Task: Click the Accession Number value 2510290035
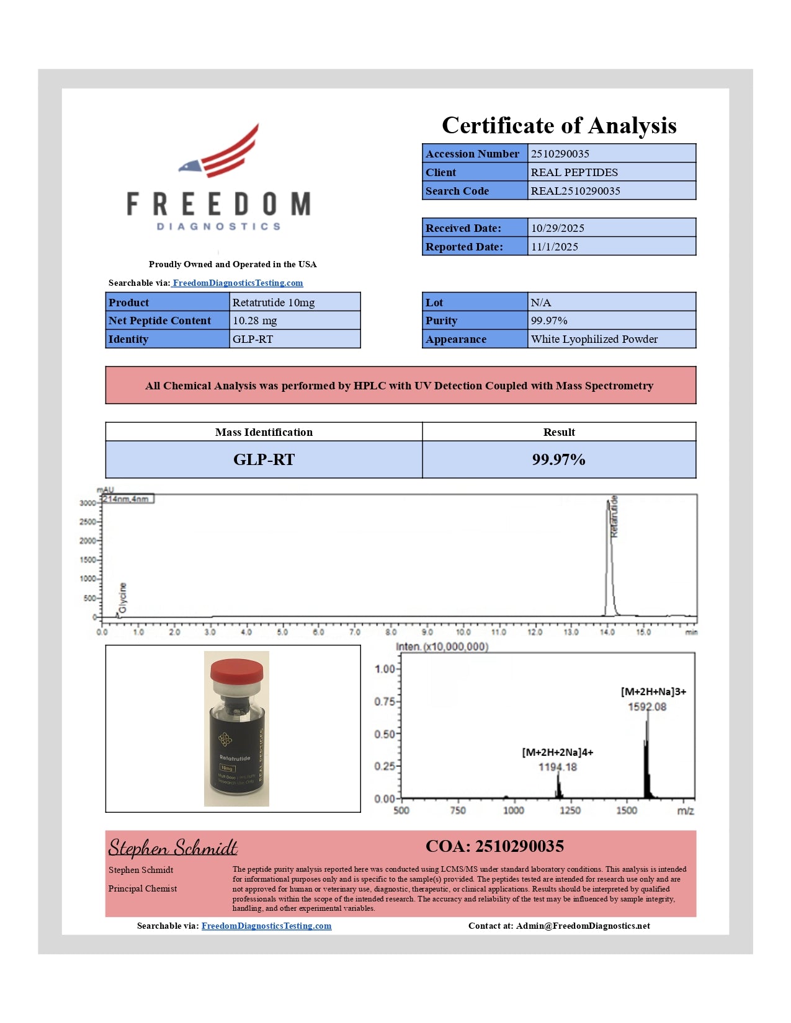560,154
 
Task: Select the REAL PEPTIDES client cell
574,172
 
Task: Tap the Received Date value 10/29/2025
558,228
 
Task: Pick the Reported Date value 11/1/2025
555,247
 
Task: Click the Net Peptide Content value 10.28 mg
255,321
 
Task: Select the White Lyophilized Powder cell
594,339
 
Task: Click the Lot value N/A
541,303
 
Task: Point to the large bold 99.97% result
558,459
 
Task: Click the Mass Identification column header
264,432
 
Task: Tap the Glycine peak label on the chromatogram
123,598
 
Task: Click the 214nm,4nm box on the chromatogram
127,499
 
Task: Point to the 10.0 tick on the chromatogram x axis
463,632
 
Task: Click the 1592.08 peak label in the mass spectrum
647,707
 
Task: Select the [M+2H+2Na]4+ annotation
557,752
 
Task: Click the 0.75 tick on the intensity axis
385,701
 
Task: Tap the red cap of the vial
236,670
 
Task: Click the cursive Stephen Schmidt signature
173,848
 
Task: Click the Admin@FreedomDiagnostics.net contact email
583,926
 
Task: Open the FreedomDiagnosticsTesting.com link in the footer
266,926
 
